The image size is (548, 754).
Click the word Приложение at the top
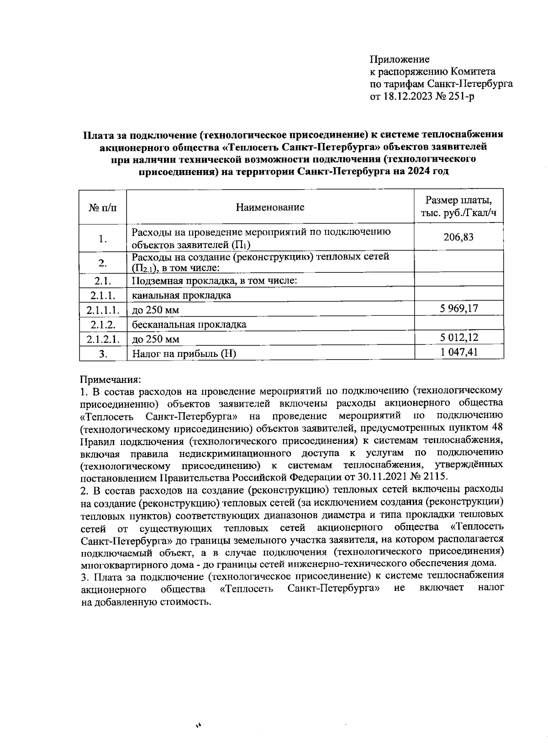click(400, 59)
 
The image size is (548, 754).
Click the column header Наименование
click(270, 207)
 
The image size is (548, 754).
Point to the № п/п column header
click(102, 207)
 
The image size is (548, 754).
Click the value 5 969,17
click(459, 308)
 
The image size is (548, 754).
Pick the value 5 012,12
click(459, 338)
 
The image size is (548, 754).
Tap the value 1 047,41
click(459, 352)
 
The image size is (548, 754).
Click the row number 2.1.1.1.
click(103, 310)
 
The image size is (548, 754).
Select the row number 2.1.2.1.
click(103, 339)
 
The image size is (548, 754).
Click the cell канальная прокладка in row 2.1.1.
click(181, 295)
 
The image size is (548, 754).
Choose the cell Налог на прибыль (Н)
click(184, 353)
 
